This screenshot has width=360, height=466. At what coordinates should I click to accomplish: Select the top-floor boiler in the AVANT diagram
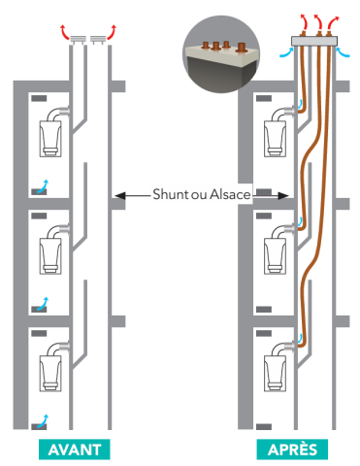tap(51, 135)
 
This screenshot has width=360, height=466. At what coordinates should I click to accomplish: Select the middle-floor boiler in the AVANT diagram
tap(51, 254)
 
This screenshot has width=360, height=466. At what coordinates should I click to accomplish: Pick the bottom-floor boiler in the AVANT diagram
tap(51, 372)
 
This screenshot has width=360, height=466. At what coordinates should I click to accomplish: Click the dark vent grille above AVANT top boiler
tap(39, 99)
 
